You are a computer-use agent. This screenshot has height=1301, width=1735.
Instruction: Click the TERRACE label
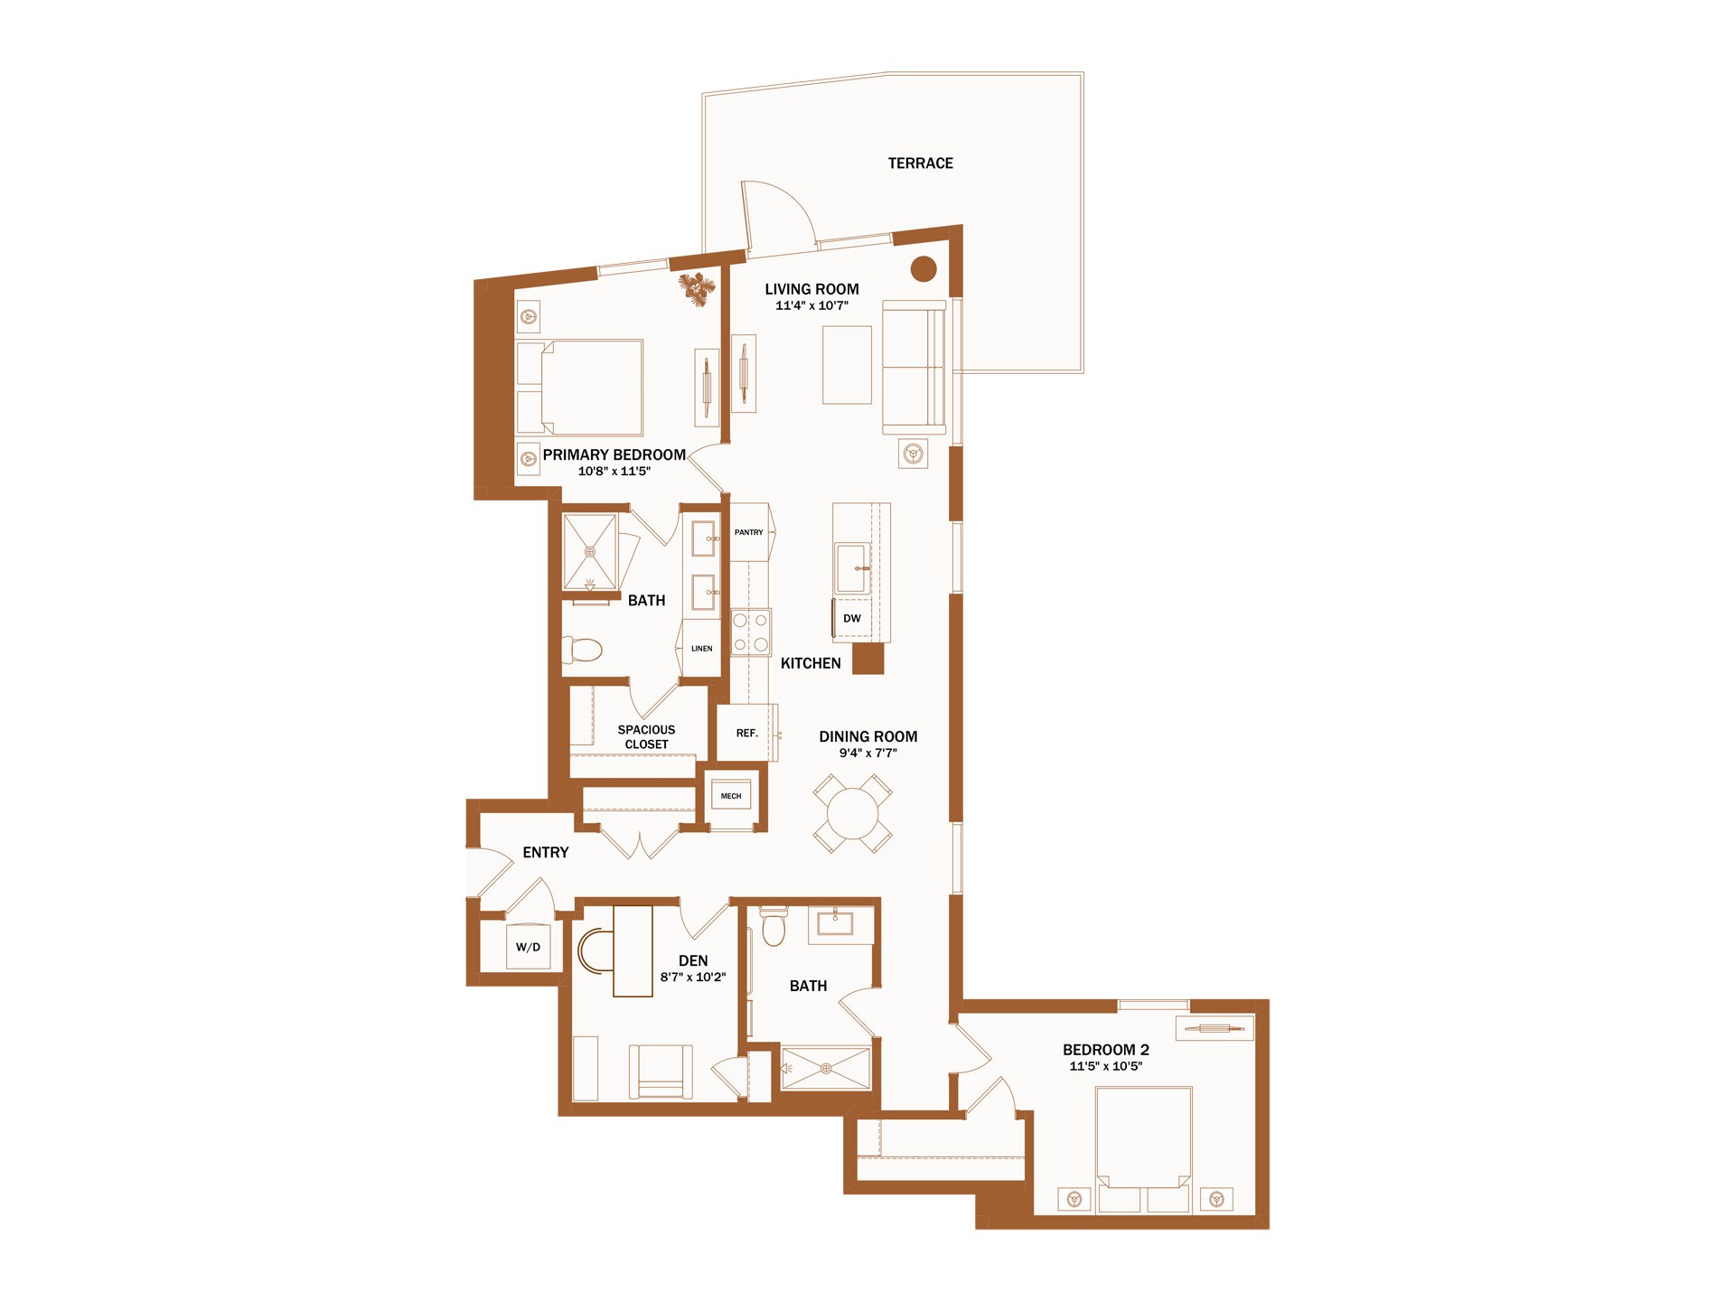click(920, 164)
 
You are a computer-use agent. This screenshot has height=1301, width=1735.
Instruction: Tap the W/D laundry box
click(528, 946)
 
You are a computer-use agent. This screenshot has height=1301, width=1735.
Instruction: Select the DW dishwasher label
click(851, 619)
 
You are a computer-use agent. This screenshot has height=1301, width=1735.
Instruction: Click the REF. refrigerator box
click(746, 733)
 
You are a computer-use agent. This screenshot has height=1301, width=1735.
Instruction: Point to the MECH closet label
click(731, 796)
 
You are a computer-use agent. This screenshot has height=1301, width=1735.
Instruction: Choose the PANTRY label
click(748, 532)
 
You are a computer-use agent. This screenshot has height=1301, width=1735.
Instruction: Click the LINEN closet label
click(701, 649)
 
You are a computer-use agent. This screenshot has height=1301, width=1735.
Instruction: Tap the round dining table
click(852, 813)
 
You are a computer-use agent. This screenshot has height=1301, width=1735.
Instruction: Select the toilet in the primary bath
click(582, 650)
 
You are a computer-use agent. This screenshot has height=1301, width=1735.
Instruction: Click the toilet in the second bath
click(774, 925)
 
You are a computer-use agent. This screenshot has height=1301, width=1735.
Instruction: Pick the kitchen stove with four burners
click(751, 632)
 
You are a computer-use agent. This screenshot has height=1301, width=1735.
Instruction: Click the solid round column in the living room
click(923, 268)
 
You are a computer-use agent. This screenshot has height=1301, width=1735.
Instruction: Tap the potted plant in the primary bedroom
click(697, 289)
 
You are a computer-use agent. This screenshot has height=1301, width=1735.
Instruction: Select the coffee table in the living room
click(847, 365)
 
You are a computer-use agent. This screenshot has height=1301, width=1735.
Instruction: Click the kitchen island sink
click(851, 567)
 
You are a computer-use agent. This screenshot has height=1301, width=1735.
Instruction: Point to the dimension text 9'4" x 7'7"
click(867, 753)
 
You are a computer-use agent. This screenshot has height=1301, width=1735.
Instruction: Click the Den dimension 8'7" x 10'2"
click(693, 978)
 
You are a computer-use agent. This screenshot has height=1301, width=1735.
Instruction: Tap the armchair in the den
click(661, 1072)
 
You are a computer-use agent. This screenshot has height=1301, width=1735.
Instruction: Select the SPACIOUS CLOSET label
click(646, 737)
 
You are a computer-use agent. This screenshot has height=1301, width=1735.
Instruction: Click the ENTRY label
click(546, 853)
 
